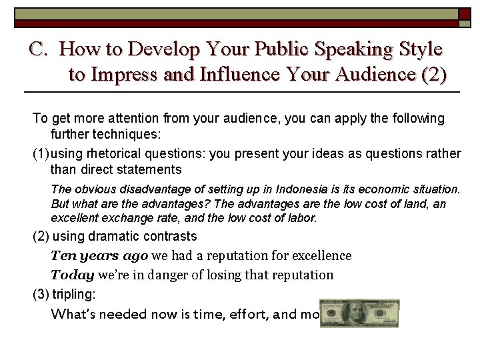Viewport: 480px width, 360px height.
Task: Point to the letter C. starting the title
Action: pos(40,49)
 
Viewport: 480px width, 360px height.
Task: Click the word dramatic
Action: pos(111,236)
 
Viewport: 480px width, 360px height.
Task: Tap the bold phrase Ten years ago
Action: pos(99,255)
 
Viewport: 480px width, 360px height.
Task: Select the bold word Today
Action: pos(72,275)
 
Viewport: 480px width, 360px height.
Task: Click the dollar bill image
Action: pos(359,314)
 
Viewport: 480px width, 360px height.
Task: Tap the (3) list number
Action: pos(41,294)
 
